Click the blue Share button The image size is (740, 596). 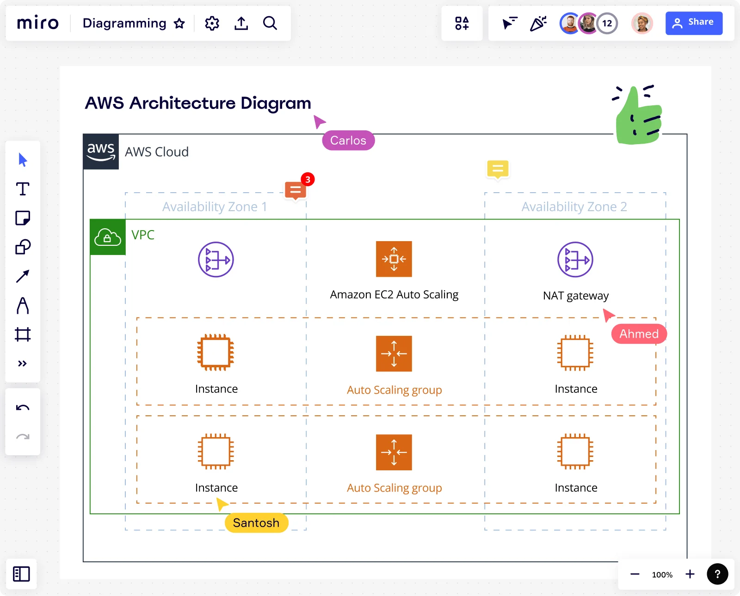(x=693, y=23)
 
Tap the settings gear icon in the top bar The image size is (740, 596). (x=212, y=23)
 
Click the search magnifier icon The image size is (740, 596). (x=270, y=23)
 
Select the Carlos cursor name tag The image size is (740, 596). (x=348, y=140)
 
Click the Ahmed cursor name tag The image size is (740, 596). (x=638, y=334)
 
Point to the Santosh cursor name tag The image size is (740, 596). (x=256, y=523)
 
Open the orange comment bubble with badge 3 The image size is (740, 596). (x=296, y=190)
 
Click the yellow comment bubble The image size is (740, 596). (x=498, y=170)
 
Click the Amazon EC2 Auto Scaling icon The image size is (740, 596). (x=394, y=259)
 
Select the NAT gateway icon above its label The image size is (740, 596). (x=575, y=260)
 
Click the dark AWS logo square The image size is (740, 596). (x=101, y=152)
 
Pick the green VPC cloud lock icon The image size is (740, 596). (x=108, y=237)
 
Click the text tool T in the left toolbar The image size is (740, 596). (x=23, y=189)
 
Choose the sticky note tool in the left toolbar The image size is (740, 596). (x=23, y=218)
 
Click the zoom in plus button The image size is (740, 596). (x=690, y=574)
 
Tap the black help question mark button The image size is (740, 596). (x=717, y=574)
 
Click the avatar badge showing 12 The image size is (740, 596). (x=607, y=23)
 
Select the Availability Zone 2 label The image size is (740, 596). (x=574, y=207)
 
